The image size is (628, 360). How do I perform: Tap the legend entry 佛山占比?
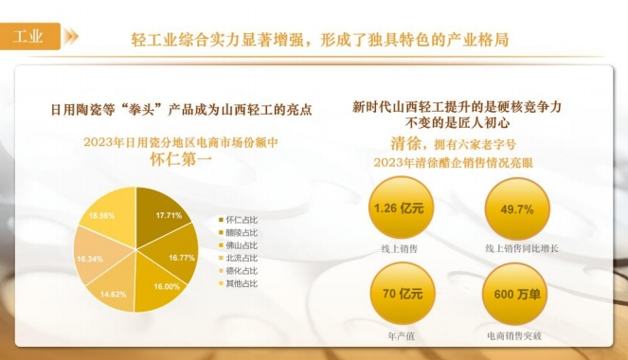[x=238, y=244]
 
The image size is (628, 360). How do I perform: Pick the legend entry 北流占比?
[x=238, y=257]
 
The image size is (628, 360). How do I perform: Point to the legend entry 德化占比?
[x=238, y=270]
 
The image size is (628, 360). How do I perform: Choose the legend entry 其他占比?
[x=238, y=282]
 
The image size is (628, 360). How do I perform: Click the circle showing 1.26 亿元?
[x=400, y=208]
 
